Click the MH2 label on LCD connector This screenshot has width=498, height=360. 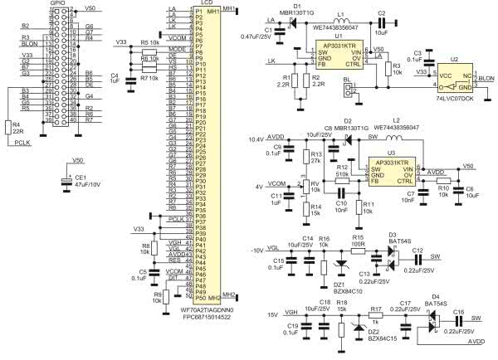[x=214, y=296]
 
